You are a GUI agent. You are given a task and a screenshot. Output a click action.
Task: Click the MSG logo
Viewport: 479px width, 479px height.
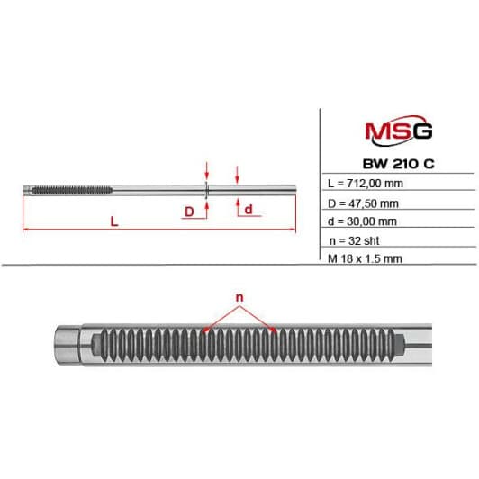click(x=399, y=131)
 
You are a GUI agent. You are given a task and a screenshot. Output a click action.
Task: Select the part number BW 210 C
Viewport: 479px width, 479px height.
click(x=398, y=164)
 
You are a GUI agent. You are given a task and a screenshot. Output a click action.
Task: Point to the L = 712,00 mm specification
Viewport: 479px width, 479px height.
click(x=366, y=184)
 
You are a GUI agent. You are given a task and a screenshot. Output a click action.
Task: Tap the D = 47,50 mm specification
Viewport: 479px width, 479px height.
click(x=363, y=203)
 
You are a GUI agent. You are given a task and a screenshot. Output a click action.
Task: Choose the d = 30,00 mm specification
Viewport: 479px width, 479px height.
click(x=362, y=221)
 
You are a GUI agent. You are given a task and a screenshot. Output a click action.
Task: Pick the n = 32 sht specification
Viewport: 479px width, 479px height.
click(x=355, y=241)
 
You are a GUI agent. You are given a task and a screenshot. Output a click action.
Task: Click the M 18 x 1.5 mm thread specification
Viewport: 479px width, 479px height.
click(x=365, y=258)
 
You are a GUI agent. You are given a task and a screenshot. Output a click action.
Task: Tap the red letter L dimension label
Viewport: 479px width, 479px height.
click(x=114, y=221)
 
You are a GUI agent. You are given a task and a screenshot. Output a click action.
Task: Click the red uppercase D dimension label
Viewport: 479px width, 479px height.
click(x=189, y=212)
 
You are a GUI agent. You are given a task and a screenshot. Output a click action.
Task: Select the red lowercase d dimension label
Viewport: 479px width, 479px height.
click(x=249, y=210)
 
